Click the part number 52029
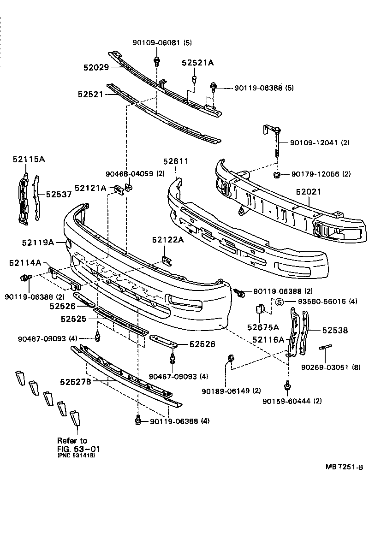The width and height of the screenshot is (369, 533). (96, 67)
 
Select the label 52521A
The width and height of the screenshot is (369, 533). (197, 63)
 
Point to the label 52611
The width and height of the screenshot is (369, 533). (176, 161)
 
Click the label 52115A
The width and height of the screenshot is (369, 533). (29, 159)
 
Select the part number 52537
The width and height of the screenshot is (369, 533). (59, 194)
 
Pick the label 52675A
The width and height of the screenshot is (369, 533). (263, 327)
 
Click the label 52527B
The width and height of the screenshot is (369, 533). (75, 382)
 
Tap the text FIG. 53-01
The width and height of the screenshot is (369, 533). (79, 448)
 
